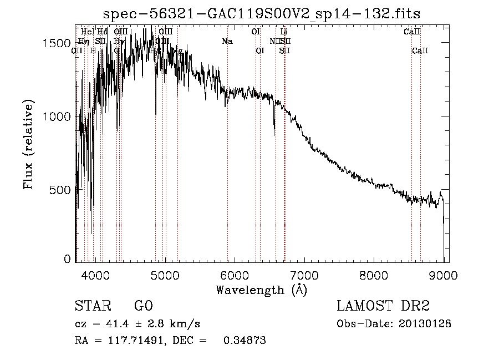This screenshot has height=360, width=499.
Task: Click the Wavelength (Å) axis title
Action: tap(261, 290)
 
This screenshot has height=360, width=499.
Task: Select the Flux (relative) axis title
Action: tap(28, 145)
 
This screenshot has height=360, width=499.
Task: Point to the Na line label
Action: tap(227, 42)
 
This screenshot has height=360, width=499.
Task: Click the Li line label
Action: tap(284, 32)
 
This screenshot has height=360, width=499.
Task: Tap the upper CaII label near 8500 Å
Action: tap(411, 32)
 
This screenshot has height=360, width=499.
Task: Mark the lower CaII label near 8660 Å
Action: tap(420, 51)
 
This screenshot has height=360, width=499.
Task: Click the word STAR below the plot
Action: tap(90, 306)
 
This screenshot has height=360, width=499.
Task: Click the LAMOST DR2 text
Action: tap(383, 306)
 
